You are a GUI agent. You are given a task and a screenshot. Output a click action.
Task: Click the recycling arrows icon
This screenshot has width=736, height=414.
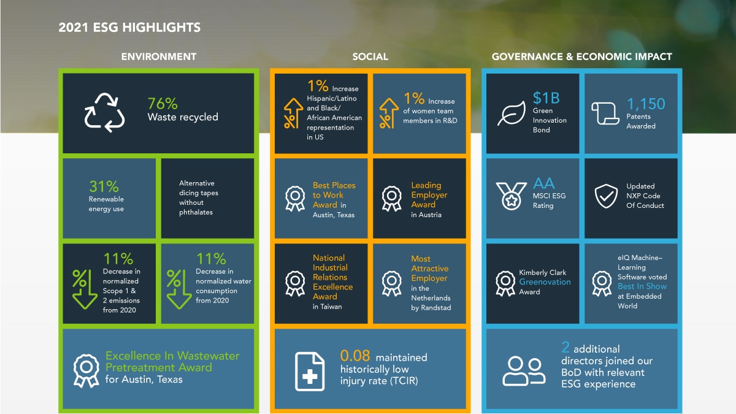(104, 112)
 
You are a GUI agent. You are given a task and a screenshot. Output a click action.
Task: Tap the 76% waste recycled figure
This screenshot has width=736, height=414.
(163, 104)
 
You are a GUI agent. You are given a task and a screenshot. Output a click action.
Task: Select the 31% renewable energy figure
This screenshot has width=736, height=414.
(104, 186)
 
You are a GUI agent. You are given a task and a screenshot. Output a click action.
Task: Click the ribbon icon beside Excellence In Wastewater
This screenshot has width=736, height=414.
(86, 370)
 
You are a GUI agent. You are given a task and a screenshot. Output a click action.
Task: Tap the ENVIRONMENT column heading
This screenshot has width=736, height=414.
(159, 56)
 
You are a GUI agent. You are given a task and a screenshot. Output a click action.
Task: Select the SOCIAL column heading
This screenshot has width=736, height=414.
(370, 56)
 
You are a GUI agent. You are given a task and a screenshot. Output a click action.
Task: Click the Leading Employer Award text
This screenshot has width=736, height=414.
(429, 194)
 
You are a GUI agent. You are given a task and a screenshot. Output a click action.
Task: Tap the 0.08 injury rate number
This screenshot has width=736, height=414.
(355, 356)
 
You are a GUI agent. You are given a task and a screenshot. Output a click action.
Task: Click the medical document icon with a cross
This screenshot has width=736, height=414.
(310, 371)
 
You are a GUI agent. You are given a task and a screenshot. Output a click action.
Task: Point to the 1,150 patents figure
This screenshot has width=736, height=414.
(645, 104)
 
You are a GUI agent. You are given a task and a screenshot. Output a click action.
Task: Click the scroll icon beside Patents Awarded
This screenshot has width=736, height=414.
(605, 113)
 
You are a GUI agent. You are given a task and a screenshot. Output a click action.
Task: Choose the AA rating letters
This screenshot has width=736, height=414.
(543, 183)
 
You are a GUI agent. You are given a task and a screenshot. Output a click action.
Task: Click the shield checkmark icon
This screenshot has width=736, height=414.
(606, 196)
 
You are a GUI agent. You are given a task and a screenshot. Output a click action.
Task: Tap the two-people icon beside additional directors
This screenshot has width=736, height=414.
(523, 370)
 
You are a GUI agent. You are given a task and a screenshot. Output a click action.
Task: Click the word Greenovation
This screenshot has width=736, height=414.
(545, 282)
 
